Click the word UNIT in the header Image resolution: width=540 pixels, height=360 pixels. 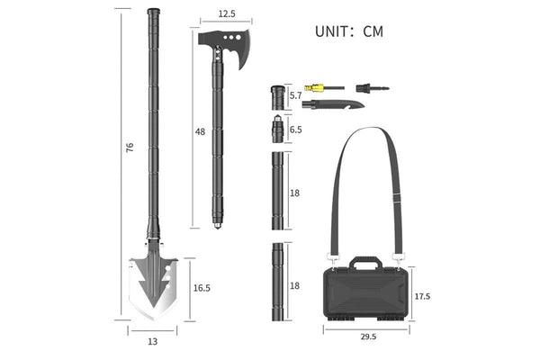coord(334,32)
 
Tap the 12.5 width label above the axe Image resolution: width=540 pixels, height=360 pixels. coord(226,13)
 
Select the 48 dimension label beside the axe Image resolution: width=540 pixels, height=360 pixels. coord(200,131)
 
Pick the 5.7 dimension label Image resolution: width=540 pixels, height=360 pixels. coord(295,95)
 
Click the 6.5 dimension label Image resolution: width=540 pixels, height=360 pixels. coord(296,130)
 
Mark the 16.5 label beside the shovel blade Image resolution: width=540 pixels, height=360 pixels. coord(202,287)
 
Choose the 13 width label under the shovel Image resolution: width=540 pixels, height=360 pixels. coord(151,340)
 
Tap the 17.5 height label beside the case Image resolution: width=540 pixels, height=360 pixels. coord(421,294)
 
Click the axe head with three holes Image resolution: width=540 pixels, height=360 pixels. coord(226,49)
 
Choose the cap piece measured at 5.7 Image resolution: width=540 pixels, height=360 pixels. coord(276,95)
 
